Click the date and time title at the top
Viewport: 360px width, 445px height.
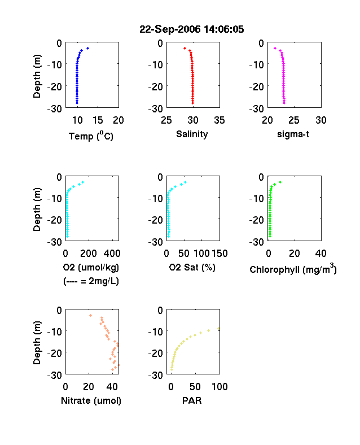point(192,29)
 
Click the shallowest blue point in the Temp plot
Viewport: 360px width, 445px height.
point(87,48)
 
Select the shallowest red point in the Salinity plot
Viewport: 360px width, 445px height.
point(185,48)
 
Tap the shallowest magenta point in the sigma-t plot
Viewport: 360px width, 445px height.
point(275,48)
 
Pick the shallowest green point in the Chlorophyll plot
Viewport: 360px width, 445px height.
point(280,182)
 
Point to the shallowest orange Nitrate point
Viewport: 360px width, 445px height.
point(90,315)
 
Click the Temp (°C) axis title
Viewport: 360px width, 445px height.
point(91,136)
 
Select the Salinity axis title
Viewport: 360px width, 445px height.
point(192,134)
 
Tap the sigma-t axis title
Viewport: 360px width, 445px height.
point(293,134)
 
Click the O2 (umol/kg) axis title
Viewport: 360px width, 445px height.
point(91,267)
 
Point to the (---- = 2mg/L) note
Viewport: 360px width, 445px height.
point(91,281)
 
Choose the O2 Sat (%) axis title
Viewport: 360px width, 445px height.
point(192,267)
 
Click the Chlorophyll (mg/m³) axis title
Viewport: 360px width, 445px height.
point(293,268)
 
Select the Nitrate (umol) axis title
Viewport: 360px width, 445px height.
point(91,400)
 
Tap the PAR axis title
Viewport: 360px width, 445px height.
point(192,400)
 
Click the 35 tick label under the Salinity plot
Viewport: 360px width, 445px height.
point(219,120)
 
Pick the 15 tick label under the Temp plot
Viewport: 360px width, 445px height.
point(98,120)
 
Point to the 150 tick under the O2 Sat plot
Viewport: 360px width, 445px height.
point(219,254)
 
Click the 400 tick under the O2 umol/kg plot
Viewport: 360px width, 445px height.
point(112,254)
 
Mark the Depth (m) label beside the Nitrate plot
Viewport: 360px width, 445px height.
point(37,343)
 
